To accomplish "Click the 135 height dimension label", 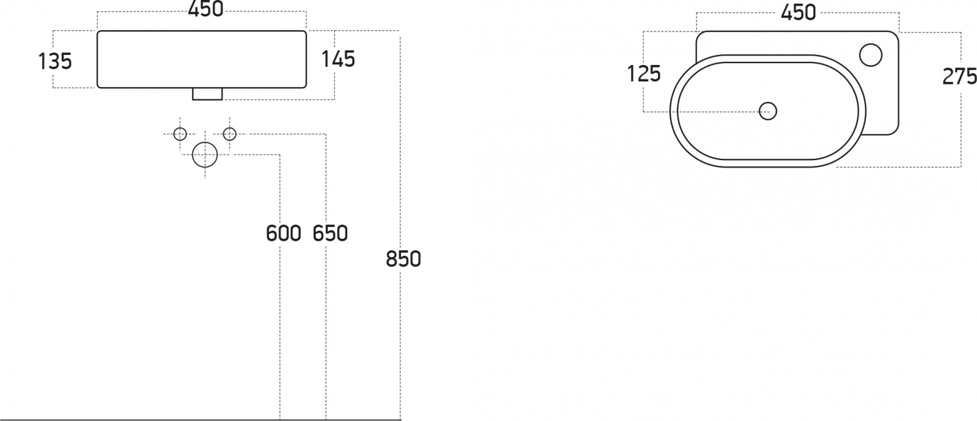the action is pyautogui.click(x=55, y=61).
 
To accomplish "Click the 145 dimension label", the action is pyautogui.click(x=338, y=59).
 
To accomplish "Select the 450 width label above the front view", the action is pyautogui.click(x=205, y=9).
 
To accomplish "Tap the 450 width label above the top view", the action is pyautogui.click(x=798, y=13).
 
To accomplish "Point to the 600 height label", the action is pyautogui.click(x=284, y=233).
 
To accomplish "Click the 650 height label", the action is pyautogui.click(x=330, y=233).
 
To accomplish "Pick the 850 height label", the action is pyautogui.click(x=403, y=258).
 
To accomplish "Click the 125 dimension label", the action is pyautogui.click(x=644, y=74).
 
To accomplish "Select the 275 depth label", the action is pyautogui.click(x=959, y=76).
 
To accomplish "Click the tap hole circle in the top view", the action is pyautogui.click(x=870, y=55).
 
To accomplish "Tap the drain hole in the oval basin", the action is pyautogui.click(x=768, y=112).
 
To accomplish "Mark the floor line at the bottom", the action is pyautogui.click(x=200, y=420).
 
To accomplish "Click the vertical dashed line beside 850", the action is pyautogui.click(x=400, y=228).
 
